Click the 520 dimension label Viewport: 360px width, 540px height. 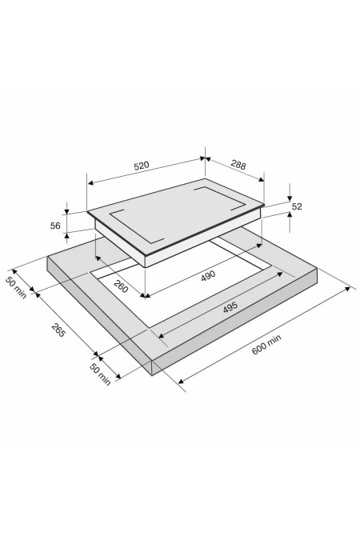142,166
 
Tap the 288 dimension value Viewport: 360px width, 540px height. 238,165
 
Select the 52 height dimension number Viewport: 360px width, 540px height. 297,206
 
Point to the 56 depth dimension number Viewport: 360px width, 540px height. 55,226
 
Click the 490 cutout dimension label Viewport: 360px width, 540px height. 208,275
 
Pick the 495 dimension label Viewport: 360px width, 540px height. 230,307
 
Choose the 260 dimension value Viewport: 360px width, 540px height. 121,286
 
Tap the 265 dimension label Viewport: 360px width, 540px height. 58,330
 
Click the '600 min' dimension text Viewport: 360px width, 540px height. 266,344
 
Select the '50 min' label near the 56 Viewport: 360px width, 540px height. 16,287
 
